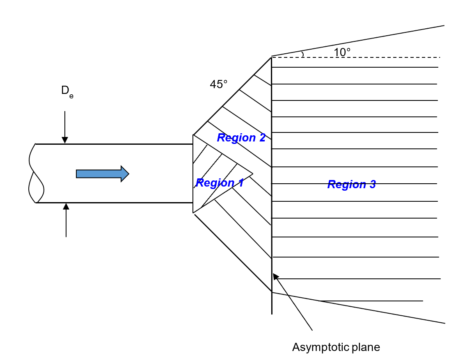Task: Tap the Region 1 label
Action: coord(220,183)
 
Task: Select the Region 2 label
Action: coord(241,138)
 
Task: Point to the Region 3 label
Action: coord(351,185)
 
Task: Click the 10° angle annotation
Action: coord(342,52)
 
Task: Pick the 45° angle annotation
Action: coord(218,84)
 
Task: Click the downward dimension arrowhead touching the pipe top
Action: coord(64,140)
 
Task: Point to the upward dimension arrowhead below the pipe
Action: coord(66,206)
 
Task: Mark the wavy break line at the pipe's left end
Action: coord(35,173)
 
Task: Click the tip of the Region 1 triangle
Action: coord(252,174)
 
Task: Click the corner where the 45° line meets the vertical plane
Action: coord(271,57)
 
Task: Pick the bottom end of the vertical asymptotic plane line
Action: coord(272,313)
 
